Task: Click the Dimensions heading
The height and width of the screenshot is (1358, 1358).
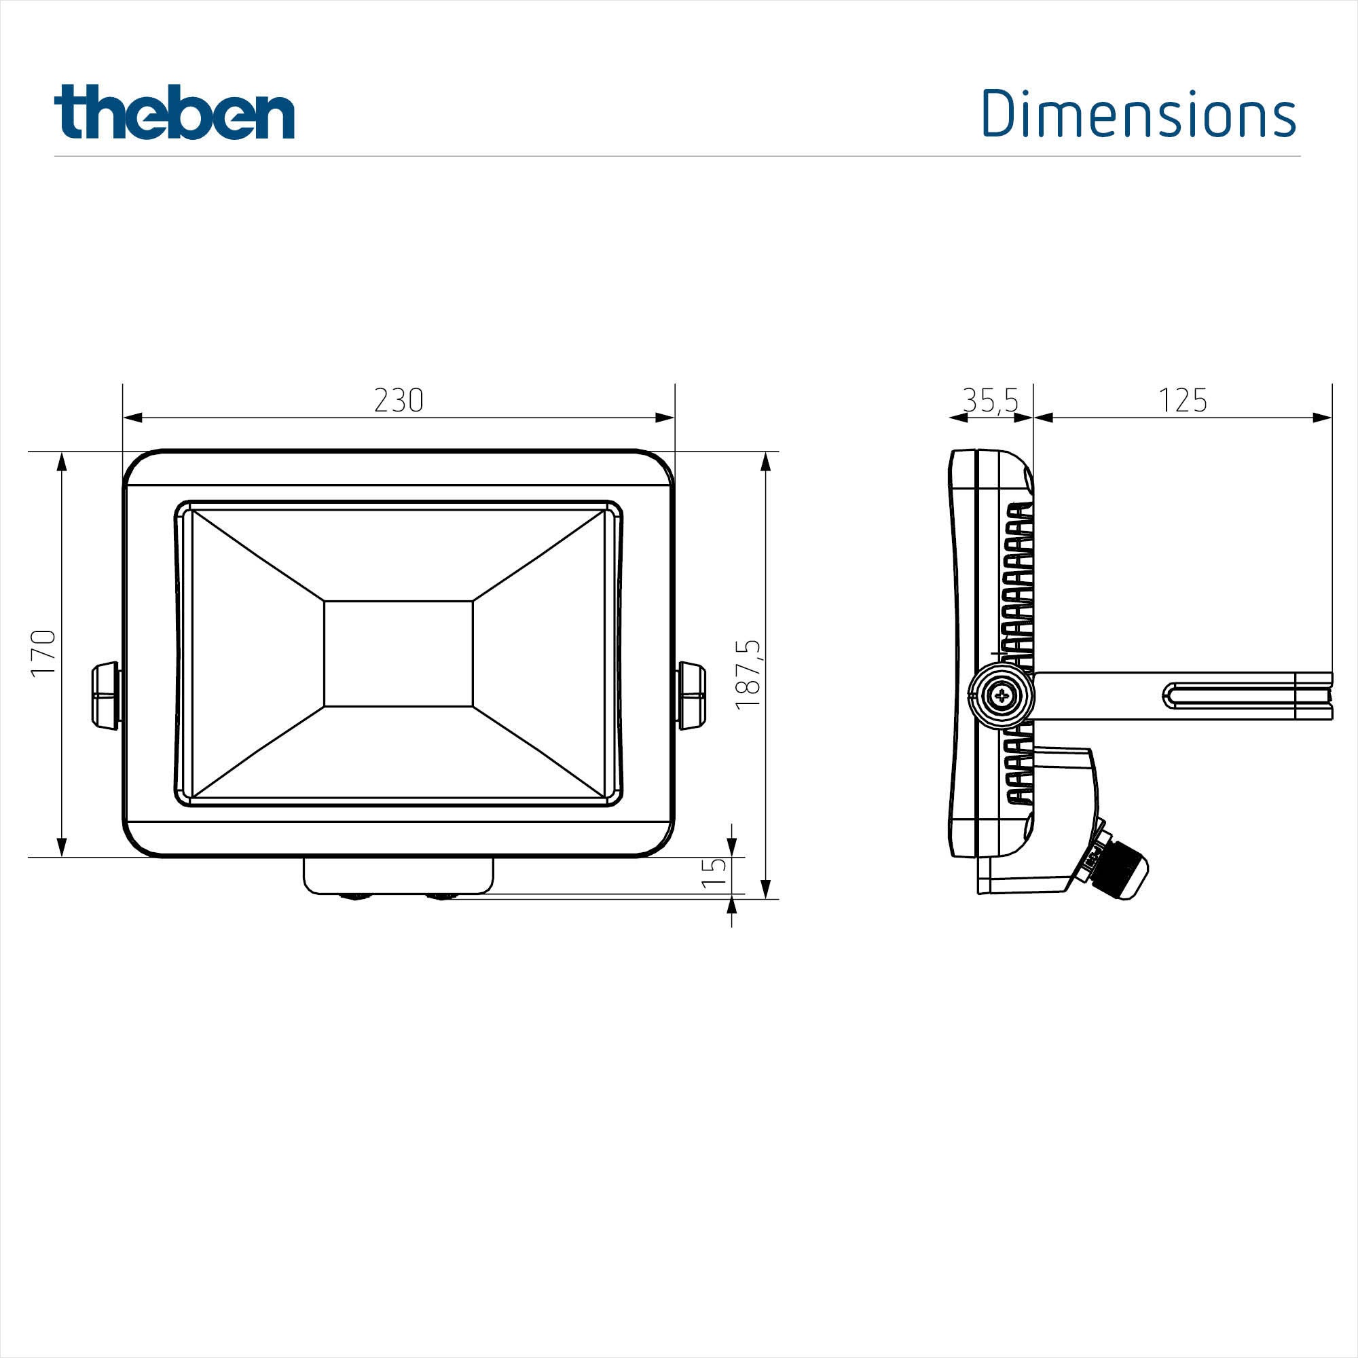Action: [x=1139, y=113]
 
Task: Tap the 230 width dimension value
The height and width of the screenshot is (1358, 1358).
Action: [x=399, y=401]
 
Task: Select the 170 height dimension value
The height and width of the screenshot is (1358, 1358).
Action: [x=43, y=653]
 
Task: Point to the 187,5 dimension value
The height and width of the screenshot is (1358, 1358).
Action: [x=748, y=675]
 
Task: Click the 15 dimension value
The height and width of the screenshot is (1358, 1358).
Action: [x=714, y=873]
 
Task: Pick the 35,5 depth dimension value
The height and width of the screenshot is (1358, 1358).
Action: [x=991, y=401]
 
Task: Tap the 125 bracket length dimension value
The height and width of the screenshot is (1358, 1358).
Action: [x=1183, y=401]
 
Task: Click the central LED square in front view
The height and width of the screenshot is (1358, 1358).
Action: [x=399, y=654]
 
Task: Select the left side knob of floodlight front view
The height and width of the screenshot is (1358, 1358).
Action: [x=106, y=695]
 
